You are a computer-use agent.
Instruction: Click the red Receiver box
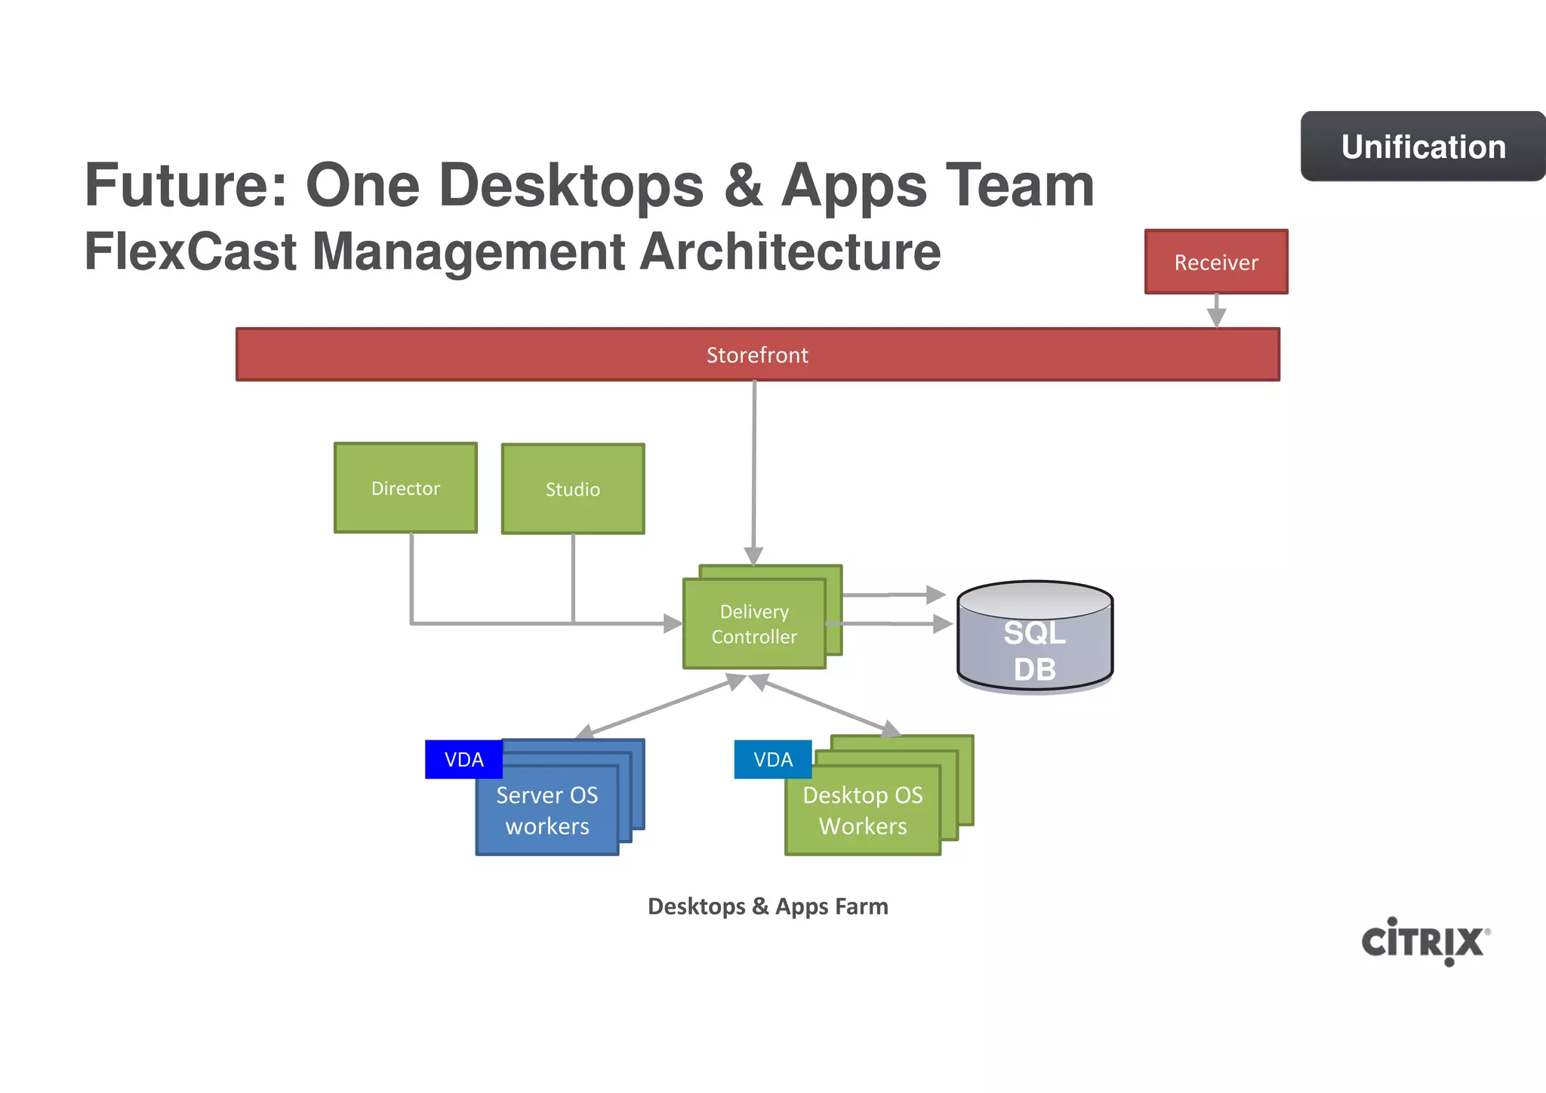tap(1216, 262)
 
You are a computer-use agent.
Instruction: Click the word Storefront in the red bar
tap(757, 355)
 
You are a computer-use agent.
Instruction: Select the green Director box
tap(405, 488)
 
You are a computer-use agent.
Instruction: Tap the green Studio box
tap(573, 489)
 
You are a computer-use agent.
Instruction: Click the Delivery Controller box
tap(754, 624)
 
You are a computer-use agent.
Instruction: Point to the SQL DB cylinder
tap(1035, 637)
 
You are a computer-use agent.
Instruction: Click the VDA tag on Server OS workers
tap(463, 759)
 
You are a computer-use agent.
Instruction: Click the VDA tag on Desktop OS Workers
tap(773, 759)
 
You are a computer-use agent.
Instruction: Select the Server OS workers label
tap(547, 810)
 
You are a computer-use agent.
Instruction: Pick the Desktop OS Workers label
tap(863, 810)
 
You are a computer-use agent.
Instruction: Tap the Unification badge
tap(1423, 147)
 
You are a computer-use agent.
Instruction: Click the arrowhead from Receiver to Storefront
tap(1216, 317)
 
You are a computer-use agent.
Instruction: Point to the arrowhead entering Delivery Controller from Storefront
tap(753, 556)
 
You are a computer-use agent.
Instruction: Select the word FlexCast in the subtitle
tap(189, 252)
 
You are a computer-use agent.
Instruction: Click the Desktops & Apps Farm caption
tap(768, 906)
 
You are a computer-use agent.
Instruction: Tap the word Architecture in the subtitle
tap(790, 252)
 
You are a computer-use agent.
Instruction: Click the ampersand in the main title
tap(743, 187)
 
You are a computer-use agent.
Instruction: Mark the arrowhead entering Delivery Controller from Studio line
tap(672, 623)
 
